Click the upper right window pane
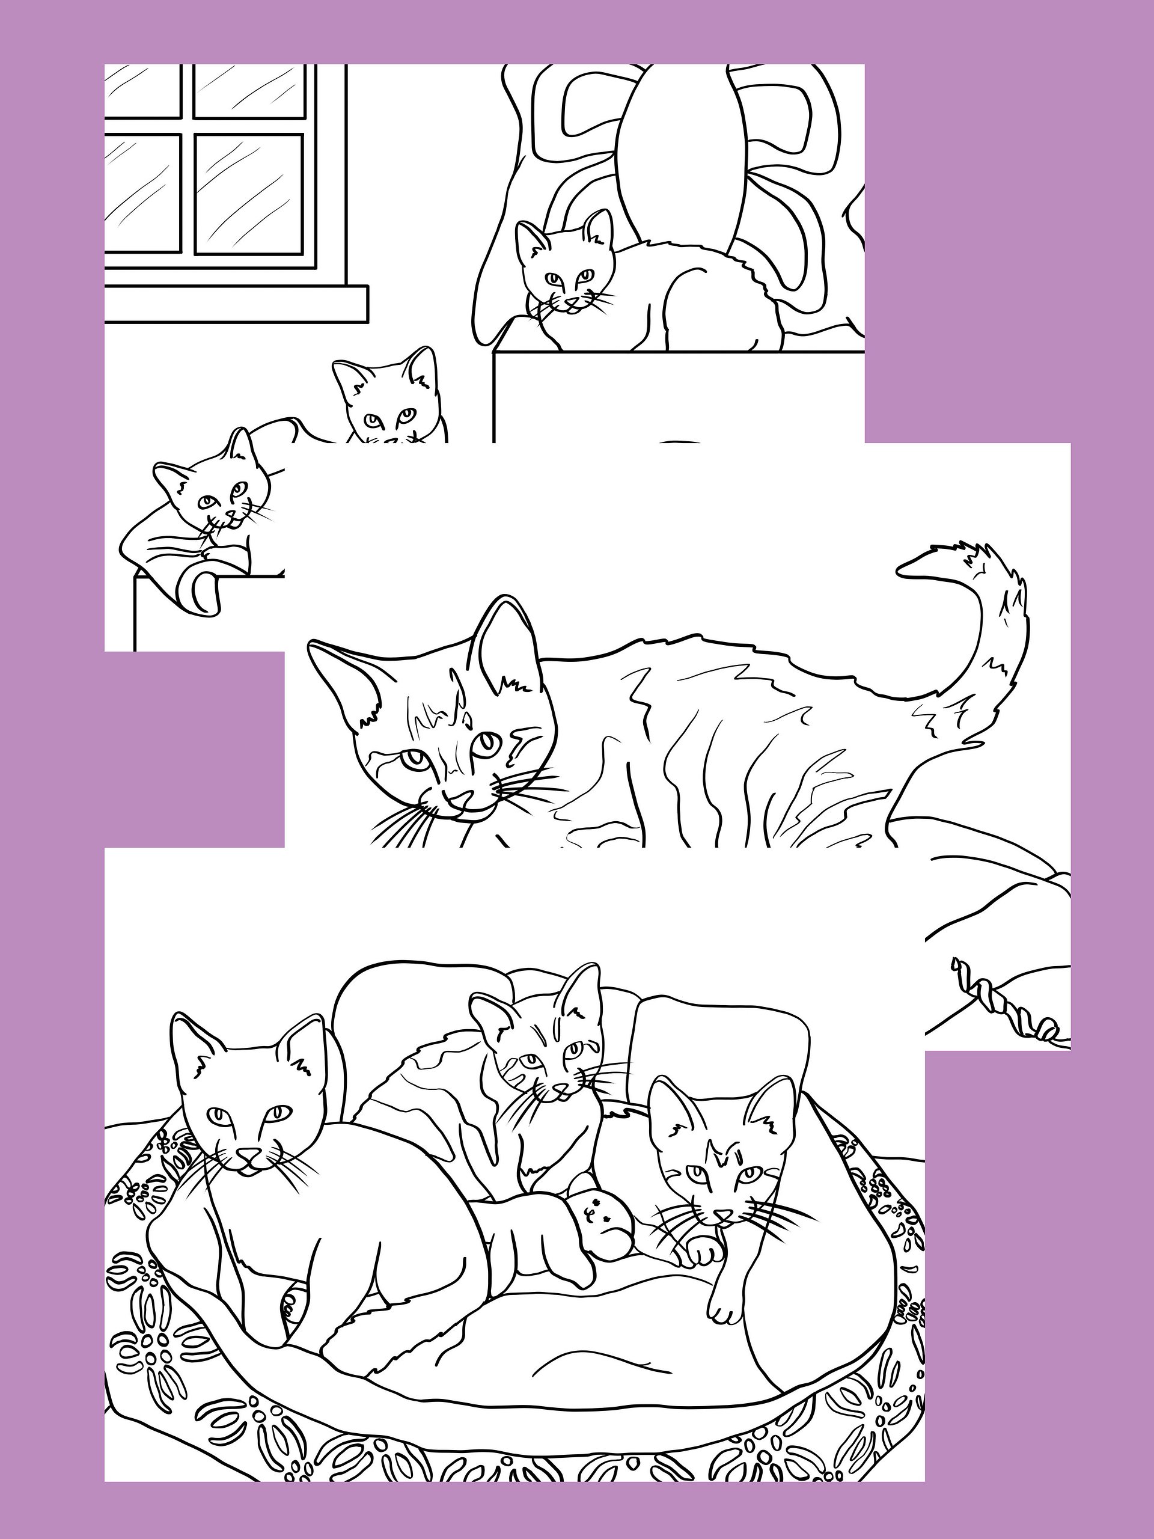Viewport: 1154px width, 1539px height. click(x=249, y=90)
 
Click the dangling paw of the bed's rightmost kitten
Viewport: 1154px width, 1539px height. click(x=724, y=1312)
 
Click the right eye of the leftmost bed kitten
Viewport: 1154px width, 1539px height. click(x=279, y=1112)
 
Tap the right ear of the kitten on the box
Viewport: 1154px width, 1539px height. click(x=599, y=230)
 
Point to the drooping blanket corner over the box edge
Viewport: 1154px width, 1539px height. click(x=204, y=588)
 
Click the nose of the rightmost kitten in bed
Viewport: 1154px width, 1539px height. click(x=724, y=1214)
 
